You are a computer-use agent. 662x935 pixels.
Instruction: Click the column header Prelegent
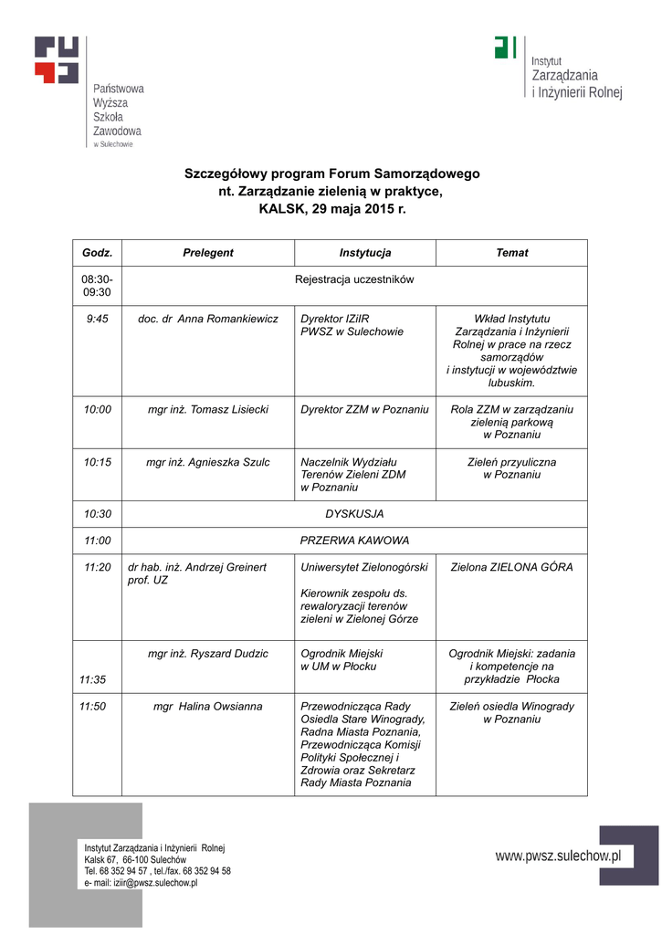click(207, 253)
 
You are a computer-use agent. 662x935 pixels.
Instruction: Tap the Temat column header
click(511, 253)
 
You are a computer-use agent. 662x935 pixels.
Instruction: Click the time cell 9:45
click(97, 319)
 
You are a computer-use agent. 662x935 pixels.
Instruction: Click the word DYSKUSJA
click(354, 514)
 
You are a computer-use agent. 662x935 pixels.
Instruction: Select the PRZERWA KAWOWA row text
click(354, 541)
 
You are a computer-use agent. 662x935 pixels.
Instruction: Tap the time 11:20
click(97, 567)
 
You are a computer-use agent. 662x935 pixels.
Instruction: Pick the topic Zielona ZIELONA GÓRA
click(511, 567)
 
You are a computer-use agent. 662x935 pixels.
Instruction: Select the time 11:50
click(92, 706)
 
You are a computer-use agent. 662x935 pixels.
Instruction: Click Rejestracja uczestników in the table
click(354, 279)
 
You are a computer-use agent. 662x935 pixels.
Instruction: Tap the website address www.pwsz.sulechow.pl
click(558, 856)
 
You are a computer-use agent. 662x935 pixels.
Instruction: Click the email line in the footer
click(141, 884)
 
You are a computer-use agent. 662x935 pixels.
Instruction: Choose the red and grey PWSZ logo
click(57, 60)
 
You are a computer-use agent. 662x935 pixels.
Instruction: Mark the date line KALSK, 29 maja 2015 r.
click(331, 208)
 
